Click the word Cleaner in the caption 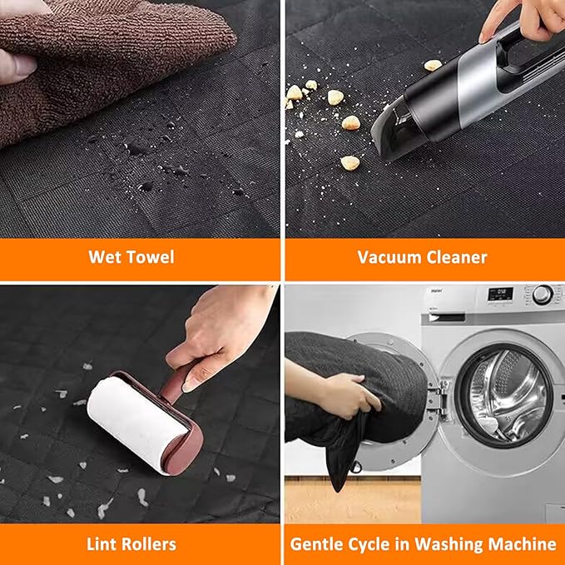(x=457, y=257)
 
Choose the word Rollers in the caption (x=149, y=544)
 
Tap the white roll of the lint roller (x=137, y=422)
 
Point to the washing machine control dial (x=543, y=295)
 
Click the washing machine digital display (x=500, y=294)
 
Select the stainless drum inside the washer (x=504, y=395)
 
